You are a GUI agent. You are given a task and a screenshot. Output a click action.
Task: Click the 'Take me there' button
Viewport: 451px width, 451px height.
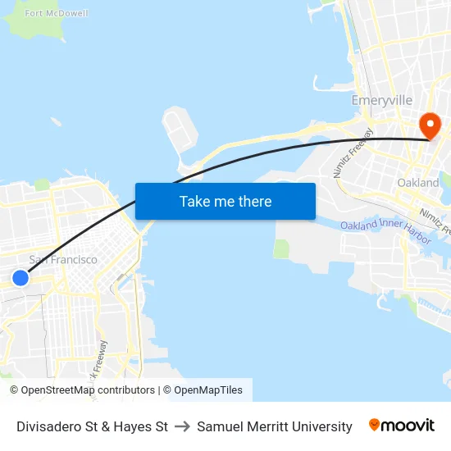click(225, 201)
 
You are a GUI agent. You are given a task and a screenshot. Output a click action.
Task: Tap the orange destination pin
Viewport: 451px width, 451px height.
click(430, 125)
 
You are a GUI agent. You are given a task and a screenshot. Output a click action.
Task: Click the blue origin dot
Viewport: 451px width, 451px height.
click(20, 278)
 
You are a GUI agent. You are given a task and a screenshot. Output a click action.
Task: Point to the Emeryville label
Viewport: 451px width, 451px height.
click(381, 100)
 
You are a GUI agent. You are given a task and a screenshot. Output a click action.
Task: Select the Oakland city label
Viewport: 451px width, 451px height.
click(417, 182)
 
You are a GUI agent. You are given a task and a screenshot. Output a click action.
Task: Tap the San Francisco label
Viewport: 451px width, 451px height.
click(63, 260)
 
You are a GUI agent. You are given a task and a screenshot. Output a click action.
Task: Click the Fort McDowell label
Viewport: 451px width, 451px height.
click(57, 13)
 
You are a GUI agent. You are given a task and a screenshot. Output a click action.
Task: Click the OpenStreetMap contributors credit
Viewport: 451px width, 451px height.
click(87, 390)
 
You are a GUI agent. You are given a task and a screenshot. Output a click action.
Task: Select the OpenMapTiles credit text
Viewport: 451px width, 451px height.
click(208, 390)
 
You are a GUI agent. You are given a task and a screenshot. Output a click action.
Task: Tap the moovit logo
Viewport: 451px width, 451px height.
click(402, 426)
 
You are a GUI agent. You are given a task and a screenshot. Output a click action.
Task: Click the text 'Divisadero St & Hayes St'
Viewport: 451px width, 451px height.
click(92, 426)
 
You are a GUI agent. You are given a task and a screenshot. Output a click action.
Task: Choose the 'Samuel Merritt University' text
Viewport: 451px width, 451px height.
click(275, 426)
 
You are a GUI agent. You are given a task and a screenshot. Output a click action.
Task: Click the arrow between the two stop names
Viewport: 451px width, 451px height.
click(182, 426)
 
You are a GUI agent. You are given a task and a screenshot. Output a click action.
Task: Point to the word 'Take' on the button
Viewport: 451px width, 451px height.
click(194, 201)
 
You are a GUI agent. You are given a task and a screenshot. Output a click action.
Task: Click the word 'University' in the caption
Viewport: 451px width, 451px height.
click(323, 426)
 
